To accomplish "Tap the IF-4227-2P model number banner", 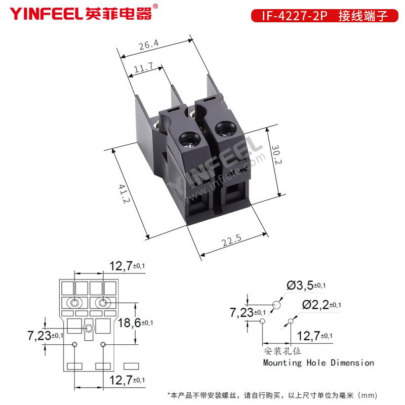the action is pos(325,16).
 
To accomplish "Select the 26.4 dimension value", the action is pos(148,45).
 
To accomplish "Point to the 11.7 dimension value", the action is pos(144,67).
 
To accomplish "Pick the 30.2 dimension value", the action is pos(276,154).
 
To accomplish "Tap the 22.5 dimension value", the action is pos(231,240).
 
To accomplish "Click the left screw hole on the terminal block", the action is pos(190,140).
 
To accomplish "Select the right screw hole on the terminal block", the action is pos(225,129).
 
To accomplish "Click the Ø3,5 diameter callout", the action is pos(306,286).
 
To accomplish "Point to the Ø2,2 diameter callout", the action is pos(321,305).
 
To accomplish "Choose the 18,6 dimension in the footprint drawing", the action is pos(135,323).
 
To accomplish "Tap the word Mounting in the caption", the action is pos(282,362).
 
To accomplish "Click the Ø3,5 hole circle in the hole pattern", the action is pos(276,305).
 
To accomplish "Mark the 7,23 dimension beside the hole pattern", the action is pos(248,313).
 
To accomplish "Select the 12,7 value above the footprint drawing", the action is pos(127,266).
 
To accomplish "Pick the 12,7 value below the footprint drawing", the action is pos(127,380).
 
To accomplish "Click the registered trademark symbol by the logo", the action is pos(155,6).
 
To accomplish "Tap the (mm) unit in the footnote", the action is pos(368,395).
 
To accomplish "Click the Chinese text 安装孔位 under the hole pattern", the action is pos(282,351).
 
